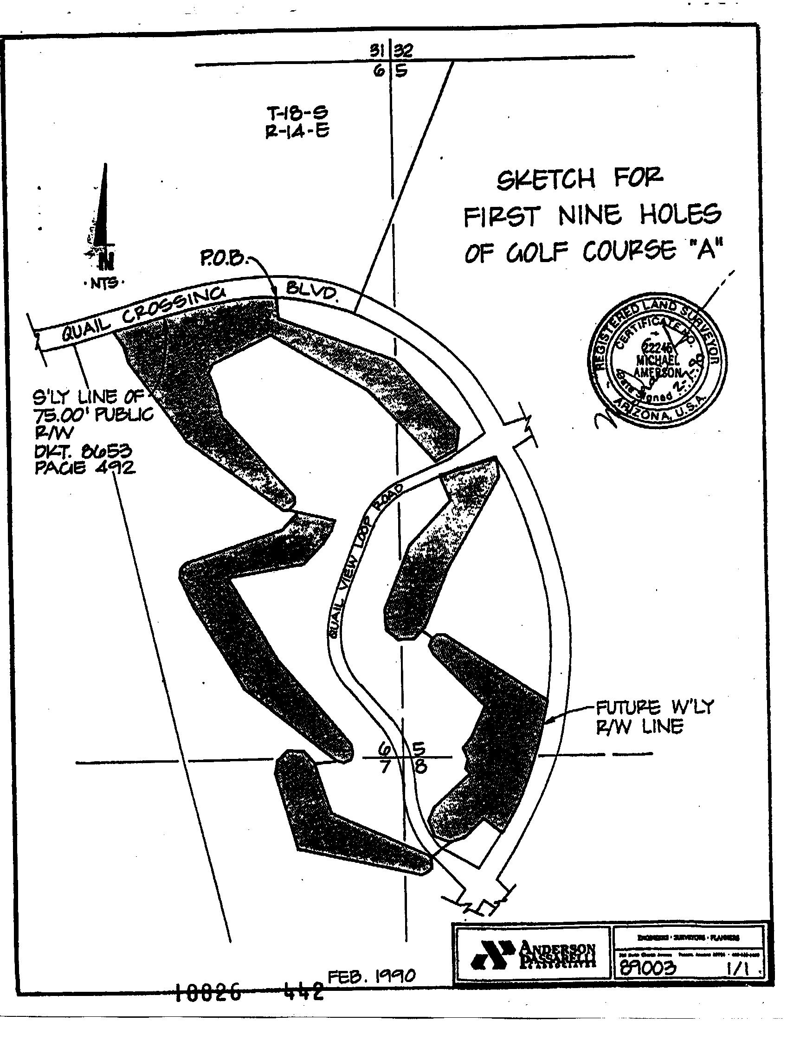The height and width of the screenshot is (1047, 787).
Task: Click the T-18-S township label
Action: tap(297, 113)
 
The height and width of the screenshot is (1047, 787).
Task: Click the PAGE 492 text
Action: tap(85, 468)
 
